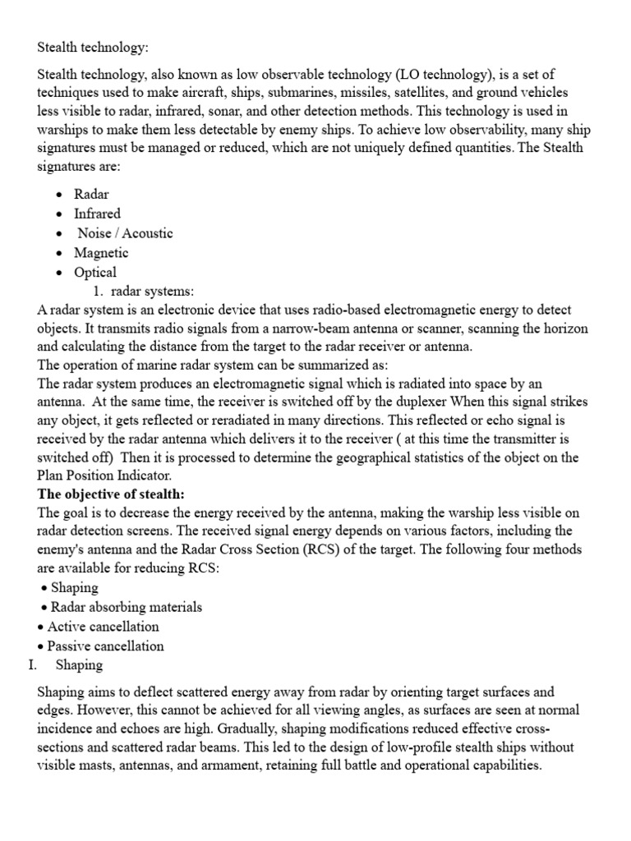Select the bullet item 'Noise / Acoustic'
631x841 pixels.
click(x=125, y=233)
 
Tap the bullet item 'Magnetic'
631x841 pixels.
click(x=101, y=253)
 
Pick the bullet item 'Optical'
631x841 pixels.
click(x=95, y=273)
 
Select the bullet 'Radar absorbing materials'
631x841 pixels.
click(x=126, y=607)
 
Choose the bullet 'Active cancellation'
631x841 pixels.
click(x=103, y=627)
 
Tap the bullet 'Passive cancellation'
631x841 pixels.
click(x=105, y=646)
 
